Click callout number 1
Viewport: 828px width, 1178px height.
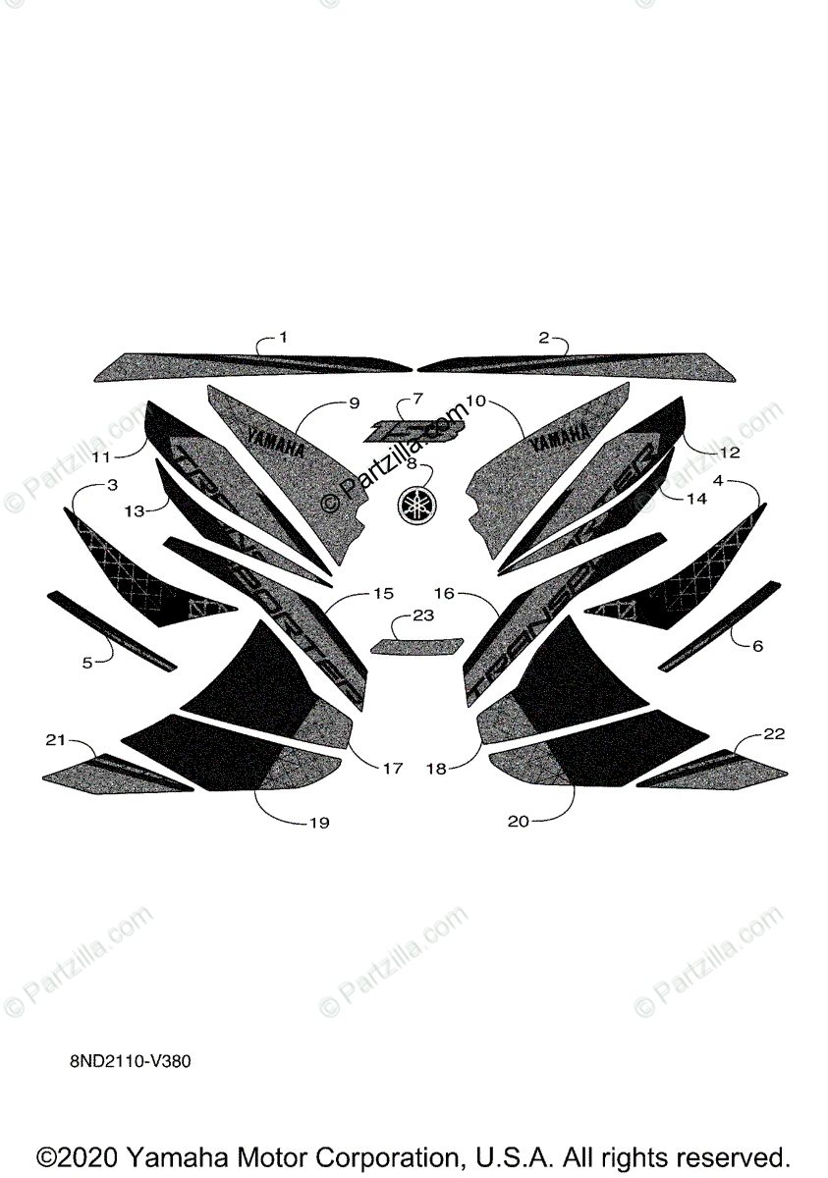tap(283, 337)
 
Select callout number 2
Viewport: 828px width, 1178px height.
tap(543, 337)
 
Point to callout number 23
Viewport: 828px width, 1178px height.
tap(422, 616)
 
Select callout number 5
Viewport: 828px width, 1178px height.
tap(86, 663)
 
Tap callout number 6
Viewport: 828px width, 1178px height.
tap(756, 646)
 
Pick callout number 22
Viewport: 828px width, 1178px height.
tap(774, 734)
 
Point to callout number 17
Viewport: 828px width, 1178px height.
tap(392, 769)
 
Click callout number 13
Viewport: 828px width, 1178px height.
tap(134, 510)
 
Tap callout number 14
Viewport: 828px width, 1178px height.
tap(695, 499)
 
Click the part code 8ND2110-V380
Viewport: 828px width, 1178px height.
tap(123, 1061)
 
